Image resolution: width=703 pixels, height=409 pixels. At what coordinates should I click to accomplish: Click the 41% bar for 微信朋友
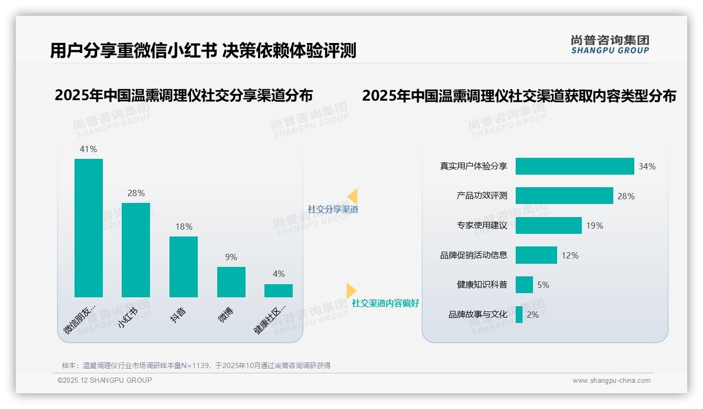tap(89, 228)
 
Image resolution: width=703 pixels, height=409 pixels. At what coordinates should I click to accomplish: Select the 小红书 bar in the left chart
tap(136, 250)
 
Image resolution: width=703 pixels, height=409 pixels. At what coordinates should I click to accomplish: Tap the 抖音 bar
tap(184, 267)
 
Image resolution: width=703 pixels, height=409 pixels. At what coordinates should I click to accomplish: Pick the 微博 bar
tap(231, 282)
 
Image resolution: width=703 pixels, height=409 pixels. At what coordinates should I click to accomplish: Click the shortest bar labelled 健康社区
tap(279, 290)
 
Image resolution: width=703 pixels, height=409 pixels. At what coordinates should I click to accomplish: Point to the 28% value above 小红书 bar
tap(136, 193)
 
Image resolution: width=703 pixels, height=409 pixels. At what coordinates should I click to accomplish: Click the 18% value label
tap(184, 227)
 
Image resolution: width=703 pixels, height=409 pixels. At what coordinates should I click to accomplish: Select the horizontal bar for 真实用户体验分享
tap(574, 166)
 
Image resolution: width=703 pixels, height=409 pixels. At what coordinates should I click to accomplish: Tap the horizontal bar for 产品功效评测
tap(564, 196)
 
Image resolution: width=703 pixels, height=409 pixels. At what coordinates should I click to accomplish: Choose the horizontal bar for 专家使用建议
tap(548, 225)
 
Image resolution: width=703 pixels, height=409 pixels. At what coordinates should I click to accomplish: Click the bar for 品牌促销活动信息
tap(536, 255)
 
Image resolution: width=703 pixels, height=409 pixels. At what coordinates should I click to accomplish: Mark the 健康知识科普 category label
tap(482, 285)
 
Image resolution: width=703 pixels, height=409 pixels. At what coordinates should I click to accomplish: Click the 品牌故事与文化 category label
tap(477, 315)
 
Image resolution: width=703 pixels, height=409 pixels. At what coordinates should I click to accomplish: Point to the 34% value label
tap(647, 166)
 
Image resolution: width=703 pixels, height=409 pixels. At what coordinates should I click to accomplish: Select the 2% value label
tap(532, 315)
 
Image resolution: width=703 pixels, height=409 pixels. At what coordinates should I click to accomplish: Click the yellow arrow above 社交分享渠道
tap(353, 196)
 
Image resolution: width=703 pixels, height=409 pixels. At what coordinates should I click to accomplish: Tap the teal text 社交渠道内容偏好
tap(386, 303)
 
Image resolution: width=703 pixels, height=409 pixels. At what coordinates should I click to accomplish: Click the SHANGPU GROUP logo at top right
tap(610, 45)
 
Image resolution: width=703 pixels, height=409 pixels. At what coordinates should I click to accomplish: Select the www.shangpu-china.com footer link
tap(611, 381)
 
